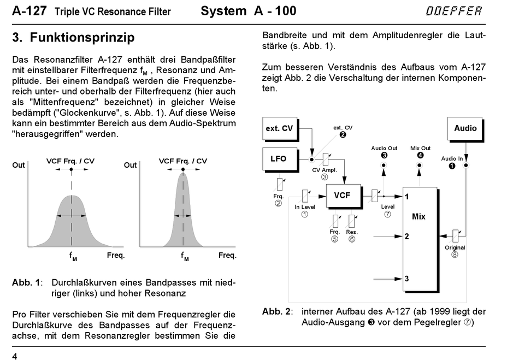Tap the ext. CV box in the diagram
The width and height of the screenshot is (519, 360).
tap(279, 128)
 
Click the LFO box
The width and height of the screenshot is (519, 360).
tap(279, 158)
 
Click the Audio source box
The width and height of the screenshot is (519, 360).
tap(465, 128)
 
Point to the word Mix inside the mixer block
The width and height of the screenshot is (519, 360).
tap(418, 216)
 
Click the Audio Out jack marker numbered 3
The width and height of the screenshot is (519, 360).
tap(384, 155)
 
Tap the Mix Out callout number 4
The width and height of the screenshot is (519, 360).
tap(420, 155)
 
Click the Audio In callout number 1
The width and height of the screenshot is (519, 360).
tap(452, 166)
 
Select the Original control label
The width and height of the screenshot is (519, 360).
tap(455, 247)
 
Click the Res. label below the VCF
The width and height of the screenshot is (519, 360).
tap(352, 232)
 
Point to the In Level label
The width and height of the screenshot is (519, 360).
tap(305, 207)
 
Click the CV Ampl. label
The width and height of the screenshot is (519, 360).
tap(325, 170)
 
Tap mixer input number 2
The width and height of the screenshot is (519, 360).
tap(406, 237)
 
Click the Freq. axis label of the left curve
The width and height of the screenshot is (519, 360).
tap(115, 255)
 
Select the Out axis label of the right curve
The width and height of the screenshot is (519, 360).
tap(130, 165)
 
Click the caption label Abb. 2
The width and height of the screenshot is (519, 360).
tap(275, 311)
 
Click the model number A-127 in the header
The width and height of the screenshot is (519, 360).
tap(30, 11)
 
